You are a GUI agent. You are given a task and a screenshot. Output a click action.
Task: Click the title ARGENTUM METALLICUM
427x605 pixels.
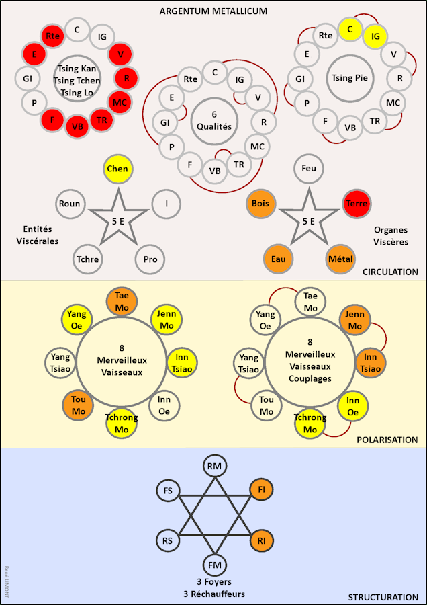pos(213,11)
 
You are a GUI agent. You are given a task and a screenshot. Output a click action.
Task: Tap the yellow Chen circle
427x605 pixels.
pos(117,169)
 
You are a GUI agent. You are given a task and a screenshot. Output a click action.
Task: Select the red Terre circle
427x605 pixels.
pos(356,204)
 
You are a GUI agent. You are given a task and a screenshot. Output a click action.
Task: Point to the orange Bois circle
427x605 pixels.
pos(260,204)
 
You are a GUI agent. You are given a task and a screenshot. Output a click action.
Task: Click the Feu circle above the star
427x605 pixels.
pos(309,169)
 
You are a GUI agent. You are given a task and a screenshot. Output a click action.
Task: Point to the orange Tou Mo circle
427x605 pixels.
pos(78,405)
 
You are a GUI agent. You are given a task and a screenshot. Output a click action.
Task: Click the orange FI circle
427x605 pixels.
pos(262,490)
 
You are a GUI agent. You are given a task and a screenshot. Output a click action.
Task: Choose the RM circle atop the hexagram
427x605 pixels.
pos(215,465)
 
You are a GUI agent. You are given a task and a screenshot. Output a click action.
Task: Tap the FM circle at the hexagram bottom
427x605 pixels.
pos(215,565)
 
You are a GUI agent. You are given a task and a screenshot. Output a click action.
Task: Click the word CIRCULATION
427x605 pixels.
pos(389,272)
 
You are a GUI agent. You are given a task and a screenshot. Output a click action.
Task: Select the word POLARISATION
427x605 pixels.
pos(387,440)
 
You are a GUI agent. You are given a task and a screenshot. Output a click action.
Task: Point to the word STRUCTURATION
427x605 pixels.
pos(383,597)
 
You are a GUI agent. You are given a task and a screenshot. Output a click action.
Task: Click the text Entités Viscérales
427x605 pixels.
pos(38,236)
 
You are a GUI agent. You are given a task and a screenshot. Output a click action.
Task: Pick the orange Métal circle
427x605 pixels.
pos(340,259)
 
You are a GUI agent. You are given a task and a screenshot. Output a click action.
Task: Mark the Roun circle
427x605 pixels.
pos(69,204)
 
